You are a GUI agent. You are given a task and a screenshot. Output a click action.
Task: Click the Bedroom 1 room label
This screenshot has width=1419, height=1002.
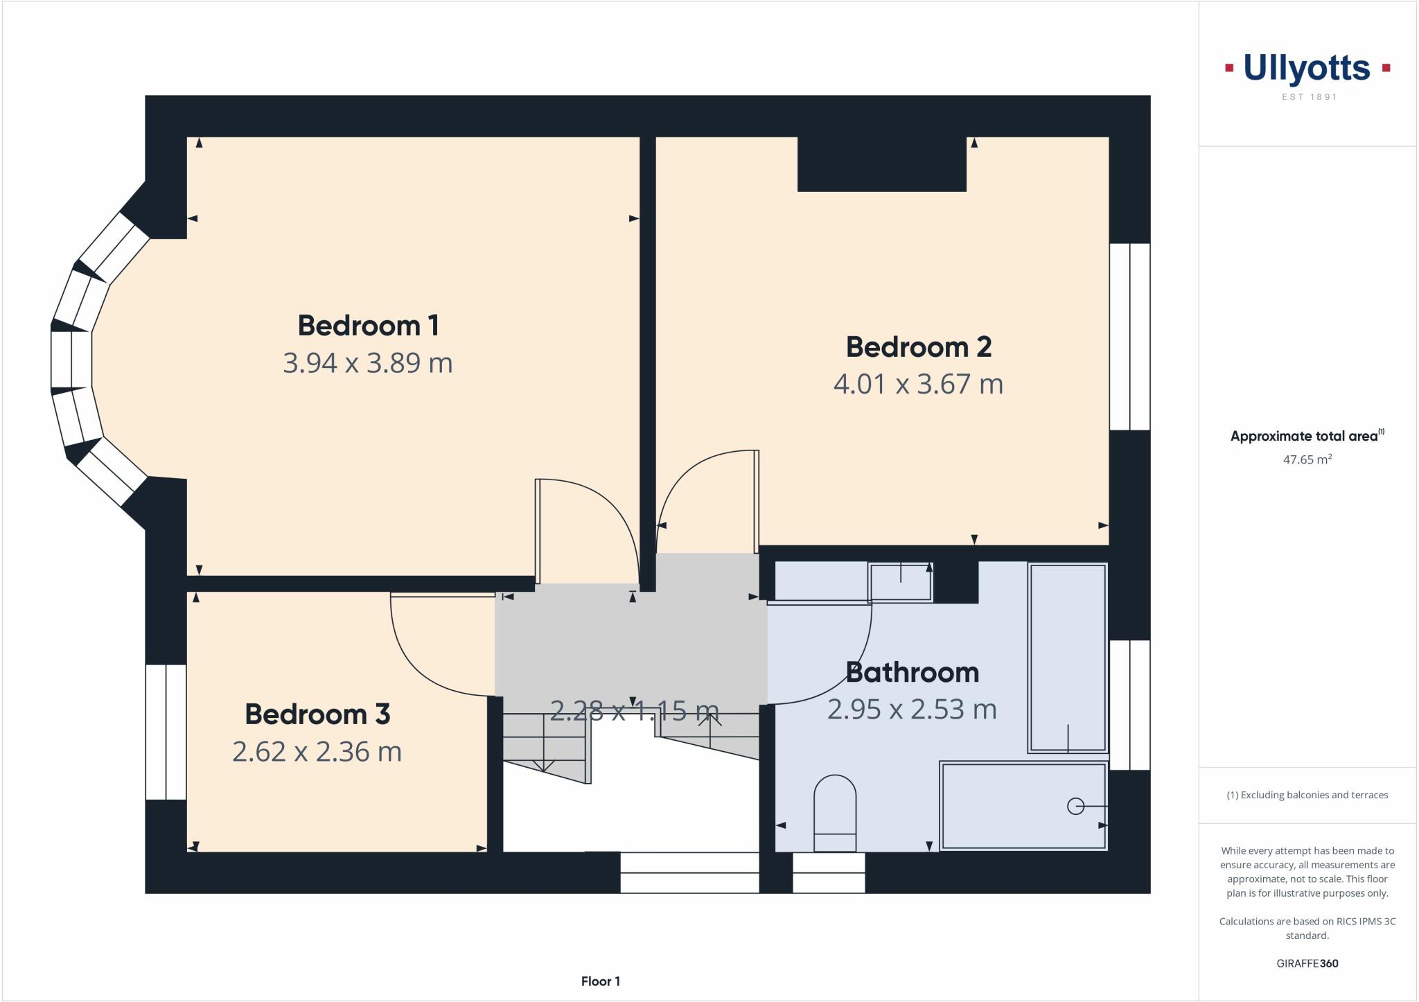click(368, 326)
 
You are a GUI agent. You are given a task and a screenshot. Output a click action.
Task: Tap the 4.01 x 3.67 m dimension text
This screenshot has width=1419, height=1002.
click(918, 384)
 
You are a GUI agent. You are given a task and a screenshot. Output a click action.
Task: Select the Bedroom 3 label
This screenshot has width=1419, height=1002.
click(317, 714)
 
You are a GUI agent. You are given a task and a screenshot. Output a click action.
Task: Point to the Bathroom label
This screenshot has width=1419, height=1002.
click(912, 673)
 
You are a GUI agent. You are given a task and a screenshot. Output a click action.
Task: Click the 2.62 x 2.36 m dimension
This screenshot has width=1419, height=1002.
click(317, 752)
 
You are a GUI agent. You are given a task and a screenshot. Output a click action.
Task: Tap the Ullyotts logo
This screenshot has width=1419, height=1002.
click(1307, 69)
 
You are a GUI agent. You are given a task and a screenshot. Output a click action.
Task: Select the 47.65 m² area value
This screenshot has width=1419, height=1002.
click(1307, 459)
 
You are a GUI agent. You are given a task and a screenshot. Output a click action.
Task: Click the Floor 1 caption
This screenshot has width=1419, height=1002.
click(600, 981)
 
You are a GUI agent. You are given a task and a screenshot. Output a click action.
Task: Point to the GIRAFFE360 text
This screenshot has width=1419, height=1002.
click(1307, 963)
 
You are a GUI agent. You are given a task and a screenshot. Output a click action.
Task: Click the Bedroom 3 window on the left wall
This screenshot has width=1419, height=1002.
click(166, 732)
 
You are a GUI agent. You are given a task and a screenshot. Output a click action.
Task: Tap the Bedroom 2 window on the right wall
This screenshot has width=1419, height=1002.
click(1129, 337)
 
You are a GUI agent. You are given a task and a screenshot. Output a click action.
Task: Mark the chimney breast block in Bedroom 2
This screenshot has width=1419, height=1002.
click(881, 164)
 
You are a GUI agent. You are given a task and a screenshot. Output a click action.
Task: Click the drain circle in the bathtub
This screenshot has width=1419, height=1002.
click(1075, 807)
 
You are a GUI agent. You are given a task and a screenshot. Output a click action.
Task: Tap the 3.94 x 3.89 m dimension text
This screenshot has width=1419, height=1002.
click(368, 363)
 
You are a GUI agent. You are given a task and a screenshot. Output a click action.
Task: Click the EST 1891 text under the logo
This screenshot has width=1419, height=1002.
click(1309, 97)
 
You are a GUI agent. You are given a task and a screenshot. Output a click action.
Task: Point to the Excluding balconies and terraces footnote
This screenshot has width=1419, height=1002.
click(1307, 795)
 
